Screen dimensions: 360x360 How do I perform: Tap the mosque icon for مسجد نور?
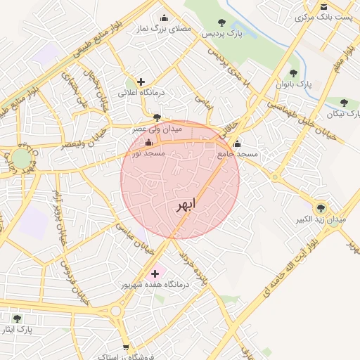(x=148, y=143)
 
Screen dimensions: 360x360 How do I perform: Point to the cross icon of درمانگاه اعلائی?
(x=141, y=82)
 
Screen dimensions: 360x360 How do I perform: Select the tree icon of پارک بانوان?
(x=293, y=73)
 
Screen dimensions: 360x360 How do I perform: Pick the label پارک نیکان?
(x=343, y=113)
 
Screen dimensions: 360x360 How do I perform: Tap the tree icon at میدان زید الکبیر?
(x=321, y=208)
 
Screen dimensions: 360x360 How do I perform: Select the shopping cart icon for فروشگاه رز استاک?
(x=126, y=347)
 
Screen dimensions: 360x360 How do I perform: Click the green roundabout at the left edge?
(x=21, y=157)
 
